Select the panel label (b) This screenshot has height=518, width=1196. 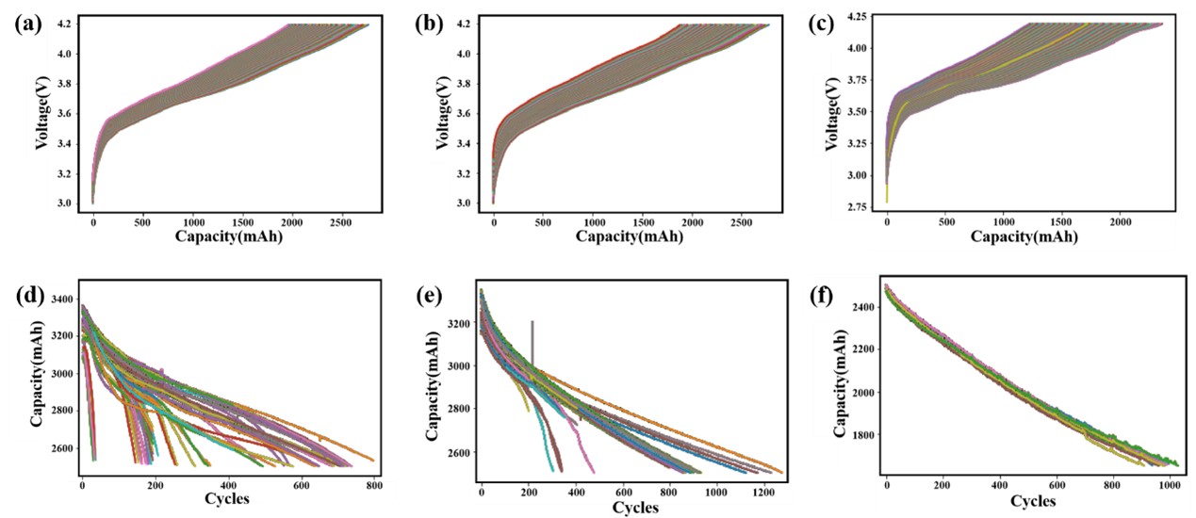pyautogui.click(x=429, y=24)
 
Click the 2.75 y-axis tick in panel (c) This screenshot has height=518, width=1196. pyautogui.click(x=858, y=206)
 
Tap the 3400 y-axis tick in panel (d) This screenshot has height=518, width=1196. pyautogui.click(x=59, y=299)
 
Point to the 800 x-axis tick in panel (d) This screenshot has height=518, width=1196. pyautogui.click(x=375, y=485)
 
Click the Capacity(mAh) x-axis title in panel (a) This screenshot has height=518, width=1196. pyautogui.click(x=228, y=237)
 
